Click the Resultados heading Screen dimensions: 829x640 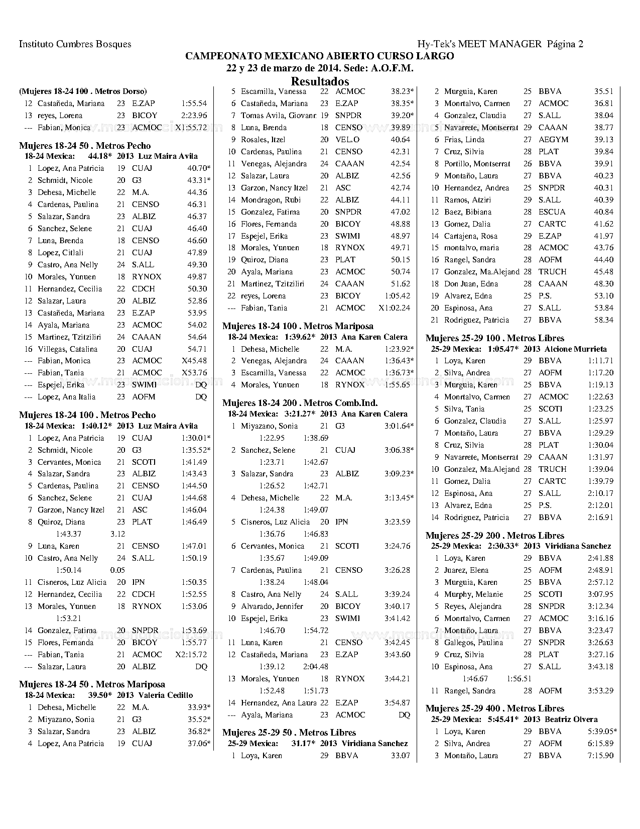[320, 81]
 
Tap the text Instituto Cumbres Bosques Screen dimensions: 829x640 [75, 44]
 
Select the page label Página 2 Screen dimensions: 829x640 [565, 44]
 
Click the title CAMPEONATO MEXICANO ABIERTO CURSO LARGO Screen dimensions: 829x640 [320, 56]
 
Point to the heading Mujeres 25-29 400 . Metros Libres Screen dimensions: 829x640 [495, 708]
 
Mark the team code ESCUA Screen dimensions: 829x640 [552, 212]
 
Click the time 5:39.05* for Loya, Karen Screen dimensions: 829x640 [602, 732]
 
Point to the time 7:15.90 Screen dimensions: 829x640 [600, 756]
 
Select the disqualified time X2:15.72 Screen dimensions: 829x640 [191, 655]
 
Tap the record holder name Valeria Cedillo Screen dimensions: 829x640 [165, 695]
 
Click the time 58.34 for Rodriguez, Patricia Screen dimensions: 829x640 [603, 320]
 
